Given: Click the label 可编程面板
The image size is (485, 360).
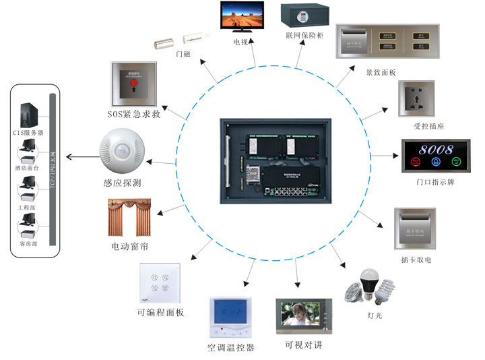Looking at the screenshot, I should click(x=160, y=313).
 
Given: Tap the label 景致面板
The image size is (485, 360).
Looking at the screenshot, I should click(x=381, y=71).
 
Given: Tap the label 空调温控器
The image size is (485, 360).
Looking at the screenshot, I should click(x=230, y=348).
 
